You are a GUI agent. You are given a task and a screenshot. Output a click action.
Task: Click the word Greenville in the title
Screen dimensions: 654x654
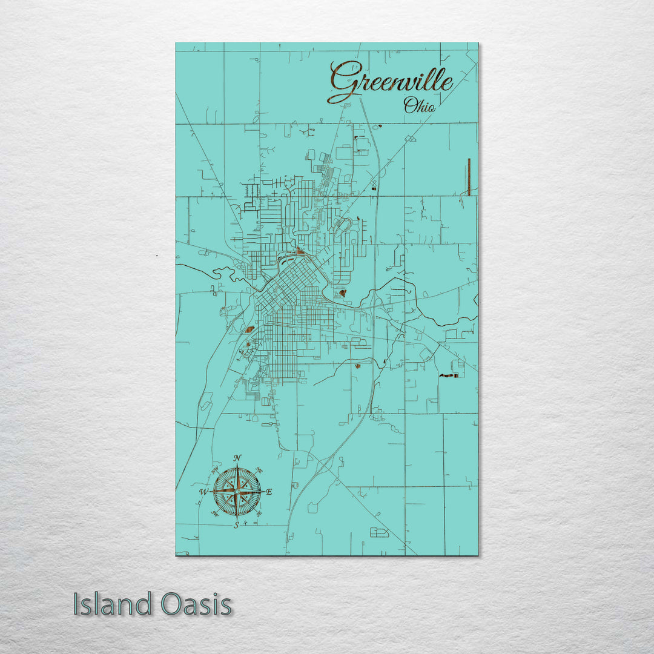click(x=391, y=81)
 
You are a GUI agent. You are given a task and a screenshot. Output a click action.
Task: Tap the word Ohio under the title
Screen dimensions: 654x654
click(x=419, y=106)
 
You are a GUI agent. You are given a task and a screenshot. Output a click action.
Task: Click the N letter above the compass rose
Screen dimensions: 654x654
click(x=237, y=457)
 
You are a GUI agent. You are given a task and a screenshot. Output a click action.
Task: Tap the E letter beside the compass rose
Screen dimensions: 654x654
click(x=269, y=492)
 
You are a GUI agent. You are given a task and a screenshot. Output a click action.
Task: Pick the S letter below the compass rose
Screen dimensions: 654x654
click(x=237, y=525)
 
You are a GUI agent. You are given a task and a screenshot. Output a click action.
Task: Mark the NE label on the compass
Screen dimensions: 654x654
click(x=259, y=469)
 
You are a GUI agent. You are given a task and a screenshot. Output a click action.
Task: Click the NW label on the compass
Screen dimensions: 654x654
click(x=215, y=469)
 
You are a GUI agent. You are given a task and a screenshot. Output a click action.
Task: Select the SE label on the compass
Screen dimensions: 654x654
click(x=259, y=514)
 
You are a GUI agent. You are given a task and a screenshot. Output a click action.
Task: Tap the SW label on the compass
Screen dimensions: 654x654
click(x=215, y=514)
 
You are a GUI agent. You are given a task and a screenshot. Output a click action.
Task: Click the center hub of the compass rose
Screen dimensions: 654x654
click(x=237, y=491)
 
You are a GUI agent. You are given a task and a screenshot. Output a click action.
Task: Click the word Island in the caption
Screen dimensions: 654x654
click(x=113, y=604)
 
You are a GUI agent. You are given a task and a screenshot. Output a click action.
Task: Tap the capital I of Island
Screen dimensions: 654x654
click(x=77, y=604)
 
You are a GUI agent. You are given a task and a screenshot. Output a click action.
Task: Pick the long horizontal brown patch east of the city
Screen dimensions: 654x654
click(x=449, y=375)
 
